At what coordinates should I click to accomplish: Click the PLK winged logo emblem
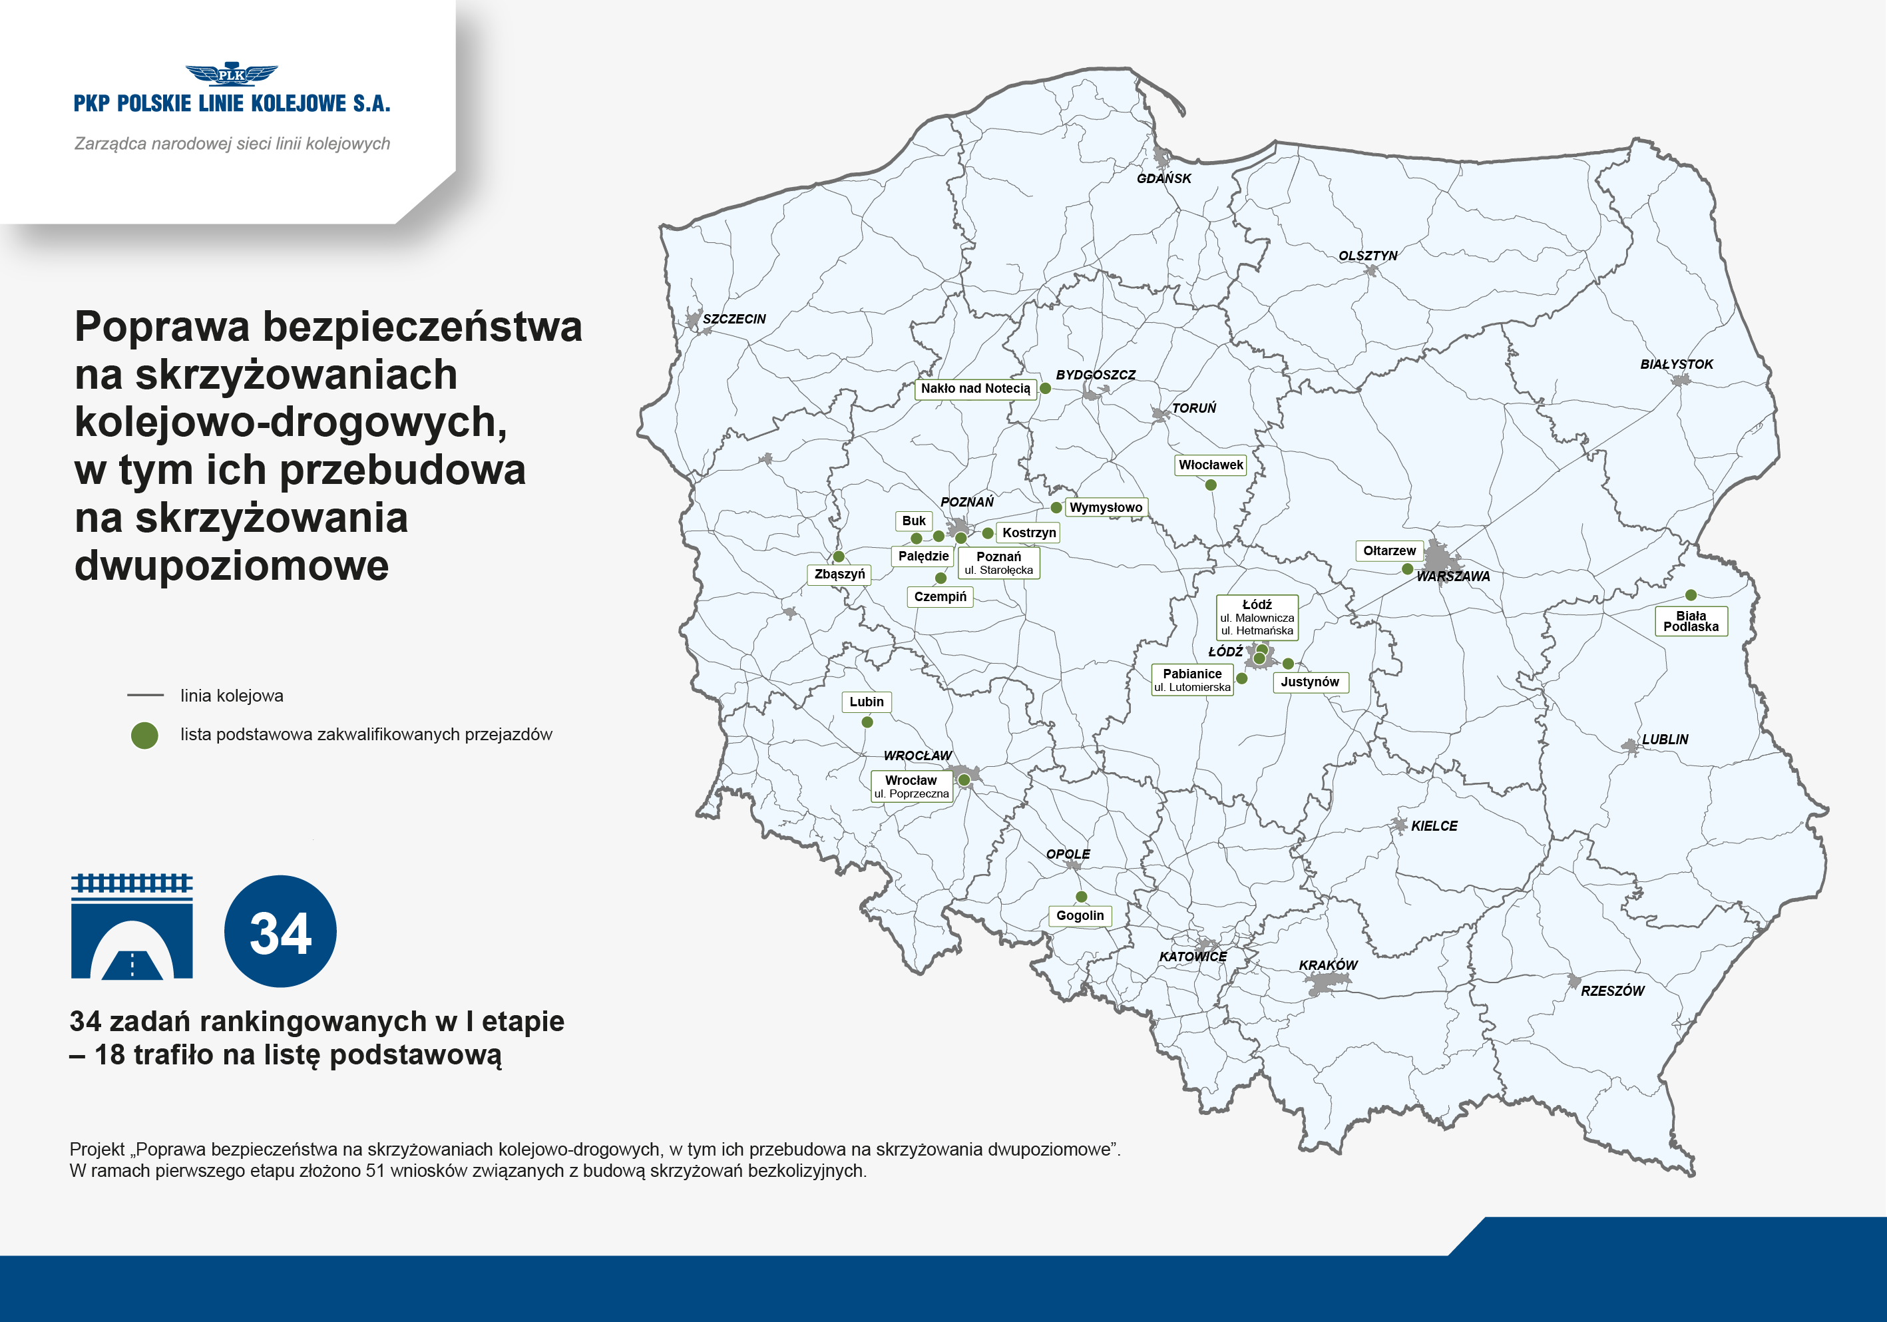coord(231,75)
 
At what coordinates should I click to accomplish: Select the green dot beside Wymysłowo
coord(1056,507)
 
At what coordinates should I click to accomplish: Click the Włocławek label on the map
coord(1211,465)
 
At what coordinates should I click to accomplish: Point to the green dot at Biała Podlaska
coord(1691,594)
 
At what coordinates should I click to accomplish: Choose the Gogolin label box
coord(1080,916)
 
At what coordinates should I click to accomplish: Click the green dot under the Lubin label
coord(867,722)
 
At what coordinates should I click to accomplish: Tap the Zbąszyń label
coord(839,574)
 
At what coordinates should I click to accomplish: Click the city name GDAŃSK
coord(1163,178)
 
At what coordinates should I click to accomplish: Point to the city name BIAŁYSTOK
coord(1677,364)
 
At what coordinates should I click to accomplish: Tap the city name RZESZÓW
coord(1613,991)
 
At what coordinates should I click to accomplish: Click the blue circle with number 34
coord(280,931)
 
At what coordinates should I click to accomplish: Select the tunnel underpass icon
coord(132,927)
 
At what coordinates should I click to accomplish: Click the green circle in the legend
coord(144,735)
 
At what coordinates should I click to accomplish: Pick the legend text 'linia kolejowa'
coord(232,696)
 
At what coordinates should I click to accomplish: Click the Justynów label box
coord(1310,682)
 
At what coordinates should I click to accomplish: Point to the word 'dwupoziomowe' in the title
coord(232,566)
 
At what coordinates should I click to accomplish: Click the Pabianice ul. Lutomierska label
coord(1193,680)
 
